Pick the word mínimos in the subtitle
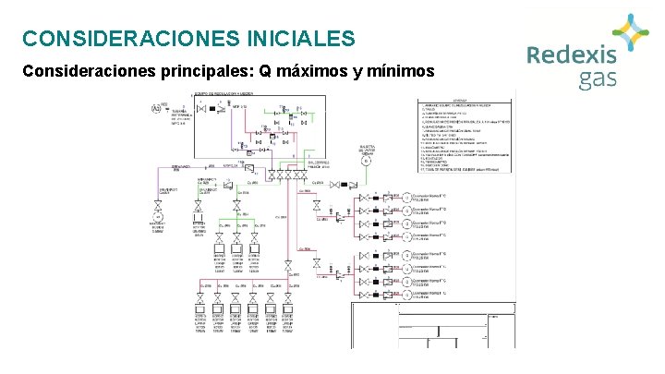click(397, 70)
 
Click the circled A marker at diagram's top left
click(155, 110)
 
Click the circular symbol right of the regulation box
click(366, 161)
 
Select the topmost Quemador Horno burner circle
click(406, 196)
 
